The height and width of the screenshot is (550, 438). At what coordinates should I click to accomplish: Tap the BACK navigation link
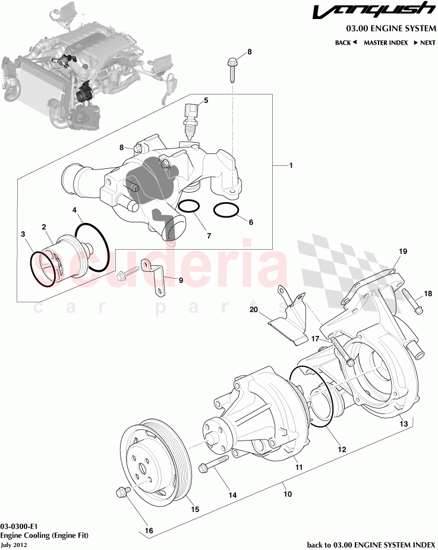pyautogui.click(x=345, y=43)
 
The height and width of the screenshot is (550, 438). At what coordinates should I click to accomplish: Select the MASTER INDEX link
pyautogui.click(x=386, y=43)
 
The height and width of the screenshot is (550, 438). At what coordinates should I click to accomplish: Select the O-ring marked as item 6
pyautogui.click(x=225, y=210)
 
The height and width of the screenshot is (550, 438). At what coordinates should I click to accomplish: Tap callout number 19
pyautogui.click(x=403, y=252)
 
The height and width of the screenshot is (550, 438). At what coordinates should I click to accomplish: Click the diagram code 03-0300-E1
pyautogui.click(x=20, y=527)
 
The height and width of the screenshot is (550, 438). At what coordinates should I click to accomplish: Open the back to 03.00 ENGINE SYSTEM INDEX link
pyautogui.click(x=371, y=544)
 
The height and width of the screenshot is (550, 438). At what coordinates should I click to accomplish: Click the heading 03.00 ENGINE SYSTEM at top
pyautogui.click(x=390, y=29)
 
